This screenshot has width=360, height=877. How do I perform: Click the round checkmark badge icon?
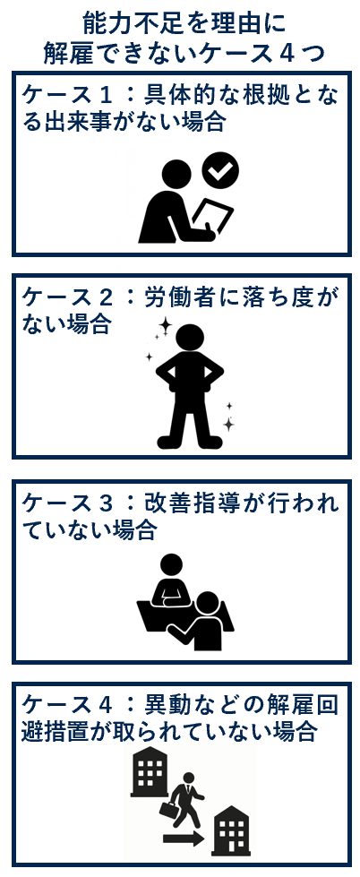(220, 169)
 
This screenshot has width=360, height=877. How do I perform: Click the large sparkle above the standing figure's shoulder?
(165, 324)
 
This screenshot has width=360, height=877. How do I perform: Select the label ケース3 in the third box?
(63, 503)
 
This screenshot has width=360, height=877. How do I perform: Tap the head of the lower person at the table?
(209, 603)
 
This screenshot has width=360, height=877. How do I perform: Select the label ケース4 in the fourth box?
(63, 705)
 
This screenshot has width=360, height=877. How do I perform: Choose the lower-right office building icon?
(231, 830)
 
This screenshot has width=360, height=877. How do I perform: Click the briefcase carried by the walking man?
(169, 808)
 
